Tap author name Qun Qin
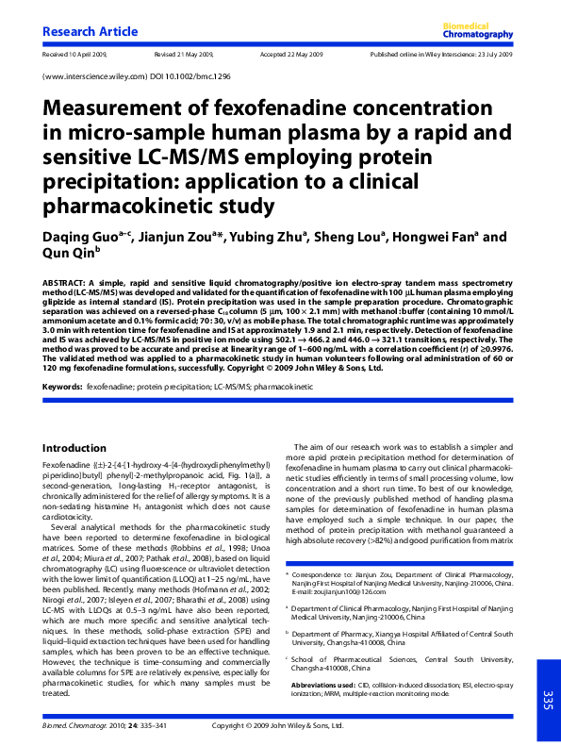pos(69,253)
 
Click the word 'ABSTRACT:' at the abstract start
pos(65,283)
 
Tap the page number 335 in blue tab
pos(547,699)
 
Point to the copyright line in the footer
pos(279,726)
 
